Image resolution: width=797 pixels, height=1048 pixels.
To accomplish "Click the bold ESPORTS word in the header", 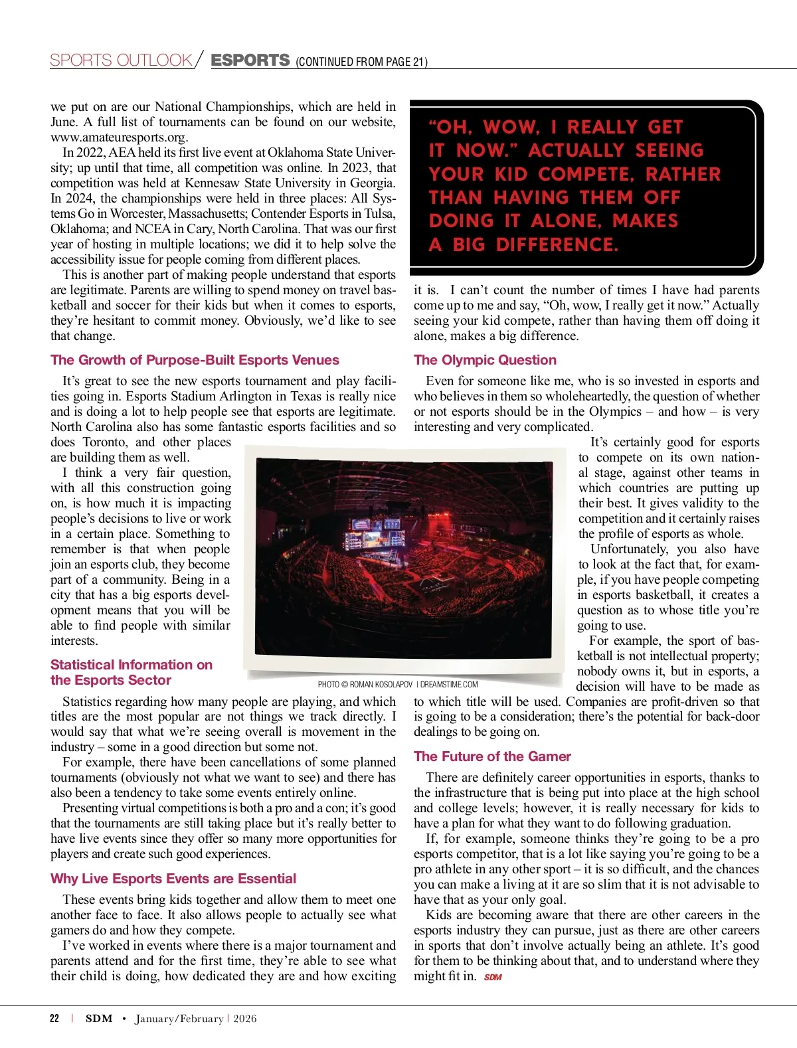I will click(x=250, y=60).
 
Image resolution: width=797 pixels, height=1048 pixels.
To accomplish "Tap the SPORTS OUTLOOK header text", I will click(x=121, y=60).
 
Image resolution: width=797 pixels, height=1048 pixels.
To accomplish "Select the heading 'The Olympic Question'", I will click(x=485, y=360).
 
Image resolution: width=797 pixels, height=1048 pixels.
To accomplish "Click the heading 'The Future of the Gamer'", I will click(x=492, y=756).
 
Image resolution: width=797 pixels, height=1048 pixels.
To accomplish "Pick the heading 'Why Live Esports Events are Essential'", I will click(x=173, y=879).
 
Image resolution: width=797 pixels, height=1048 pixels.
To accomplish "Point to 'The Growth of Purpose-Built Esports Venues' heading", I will click(x=195, y=360).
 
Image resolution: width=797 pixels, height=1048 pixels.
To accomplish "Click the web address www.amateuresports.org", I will click(x=119, y=137).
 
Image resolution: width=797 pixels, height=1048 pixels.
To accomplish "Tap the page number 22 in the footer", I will click(x=54, y=1019).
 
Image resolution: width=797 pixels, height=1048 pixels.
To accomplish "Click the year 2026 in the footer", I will click(x=244, y=1019).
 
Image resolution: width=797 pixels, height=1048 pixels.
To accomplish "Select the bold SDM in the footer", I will click(x=99, y=1019).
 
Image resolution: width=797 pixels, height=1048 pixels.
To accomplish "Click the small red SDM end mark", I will click(x=493, y=977).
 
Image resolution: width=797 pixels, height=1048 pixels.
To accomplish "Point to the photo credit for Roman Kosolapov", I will click(x=397, y=684).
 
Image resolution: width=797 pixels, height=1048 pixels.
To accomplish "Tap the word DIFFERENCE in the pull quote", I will click(x=557, y=245).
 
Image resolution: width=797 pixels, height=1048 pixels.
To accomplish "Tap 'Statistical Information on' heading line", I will click(x=132, y=665).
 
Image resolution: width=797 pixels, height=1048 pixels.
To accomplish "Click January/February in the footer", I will click(x=179, y=1019).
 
